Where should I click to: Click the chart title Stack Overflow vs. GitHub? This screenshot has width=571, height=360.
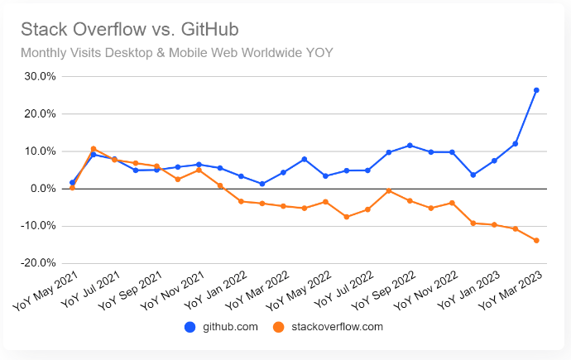click(x=129, y=30)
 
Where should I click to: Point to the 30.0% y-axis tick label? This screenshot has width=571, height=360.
click(x=39, y=76)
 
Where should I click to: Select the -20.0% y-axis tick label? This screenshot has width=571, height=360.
click(x=37, y=263)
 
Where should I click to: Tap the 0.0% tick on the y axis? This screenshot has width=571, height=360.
click(x=42, y=189)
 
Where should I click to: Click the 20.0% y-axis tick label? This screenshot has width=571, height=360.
click(x=39, y=113)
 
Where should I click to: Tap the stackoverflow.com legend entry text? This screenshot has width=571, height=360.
click(x=338, y=327)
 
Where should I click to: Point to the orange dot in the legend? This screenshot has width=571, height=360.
click(x=280, y=327)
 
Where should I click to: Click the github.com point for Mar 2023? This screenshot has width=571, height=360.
click(x=536, y=90)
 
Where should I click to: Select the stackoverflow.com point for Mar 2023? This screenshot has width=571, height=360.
click(x=536, y=241)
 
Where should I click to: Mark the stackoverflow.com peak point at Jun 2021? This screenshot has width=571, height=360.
click(x=94, y=149)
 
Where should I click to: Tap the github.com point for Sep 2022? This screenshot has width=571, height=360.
click(x=410, y=146)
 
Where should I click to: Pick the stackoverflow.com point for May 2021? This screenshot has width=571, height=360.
click(x=73, y=188)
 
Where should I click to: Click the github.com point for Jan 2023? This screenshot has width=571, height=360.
click(x=494, y=161)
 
